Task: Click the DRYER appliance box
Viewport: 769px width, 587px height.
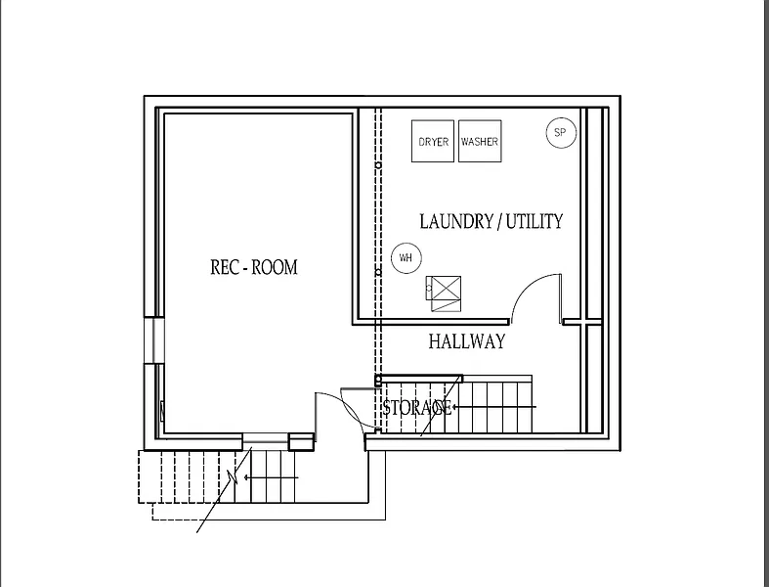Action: (434, 142)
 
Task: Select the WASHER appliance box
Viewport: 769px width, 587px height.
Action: (480, 142)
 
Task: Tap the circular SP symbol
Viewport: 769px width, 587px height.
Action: (561, 133)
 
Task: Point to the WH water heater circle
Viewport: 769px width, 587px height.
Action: (405, 258)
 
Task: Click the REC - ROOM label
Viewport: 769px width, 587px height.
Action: (254, 267)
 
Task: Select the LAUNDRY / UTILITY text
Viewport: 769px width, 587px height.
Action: (491, 221)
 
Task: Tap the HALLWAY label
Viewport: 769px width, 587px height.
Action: (467, 341)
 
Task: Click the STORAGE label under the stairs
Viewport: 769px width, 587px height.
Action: (417, 407)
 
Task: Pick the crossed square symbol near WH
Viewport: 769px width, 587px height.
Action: (445, 292)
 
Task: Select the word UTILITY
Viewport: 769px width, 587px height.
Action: (534, 221)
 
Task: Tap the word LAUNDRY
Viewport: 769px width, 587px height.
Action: (456, 221)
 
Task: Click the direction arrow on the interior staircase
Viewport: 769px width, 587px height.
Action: (518, 406)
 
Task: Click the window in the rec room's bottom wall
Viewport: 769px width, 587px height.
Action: (265, 437)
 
